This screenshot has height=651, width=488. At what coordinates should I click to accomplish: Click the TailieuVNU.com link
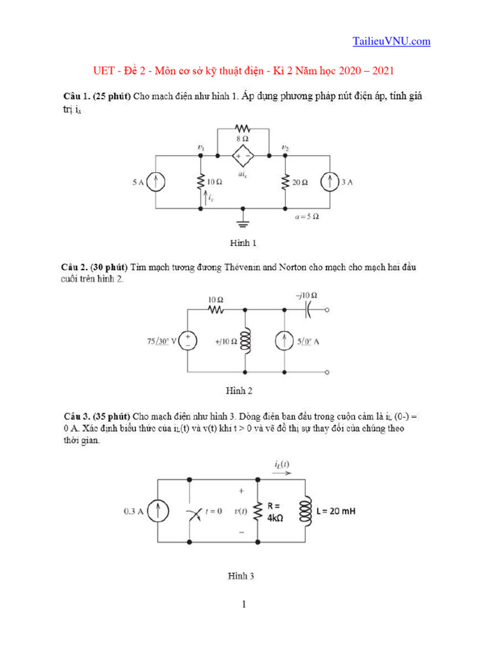(x=391, y=41)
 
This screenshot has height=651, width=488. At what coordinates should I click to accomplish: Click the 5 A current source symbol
(x=156, y=182)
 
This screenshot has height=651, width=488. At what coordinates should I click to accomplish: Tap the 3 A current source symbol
(x=330, y=182)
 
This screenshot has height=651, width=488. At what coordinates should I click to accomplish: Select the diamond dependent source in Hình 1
(x=243, y=155)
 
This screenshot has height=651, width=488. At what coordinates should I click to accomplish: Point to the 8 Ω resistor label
(x=243, y=139)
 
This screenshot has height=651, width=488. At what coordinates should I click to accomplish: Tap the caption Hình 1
(x=243, y=243)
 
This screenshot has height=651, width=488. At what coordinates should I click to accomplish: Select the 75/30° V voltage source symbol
(x=188, y=341)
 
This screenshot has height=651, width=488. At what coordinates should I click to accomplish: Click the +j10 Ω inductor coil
(x=245, y=341)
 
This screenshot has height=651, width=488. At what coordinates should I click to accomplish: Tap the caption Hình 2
(x=240, y=390)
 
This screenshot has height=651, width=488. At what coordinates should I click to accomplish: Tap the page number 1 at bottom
(x=243, y=604)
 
